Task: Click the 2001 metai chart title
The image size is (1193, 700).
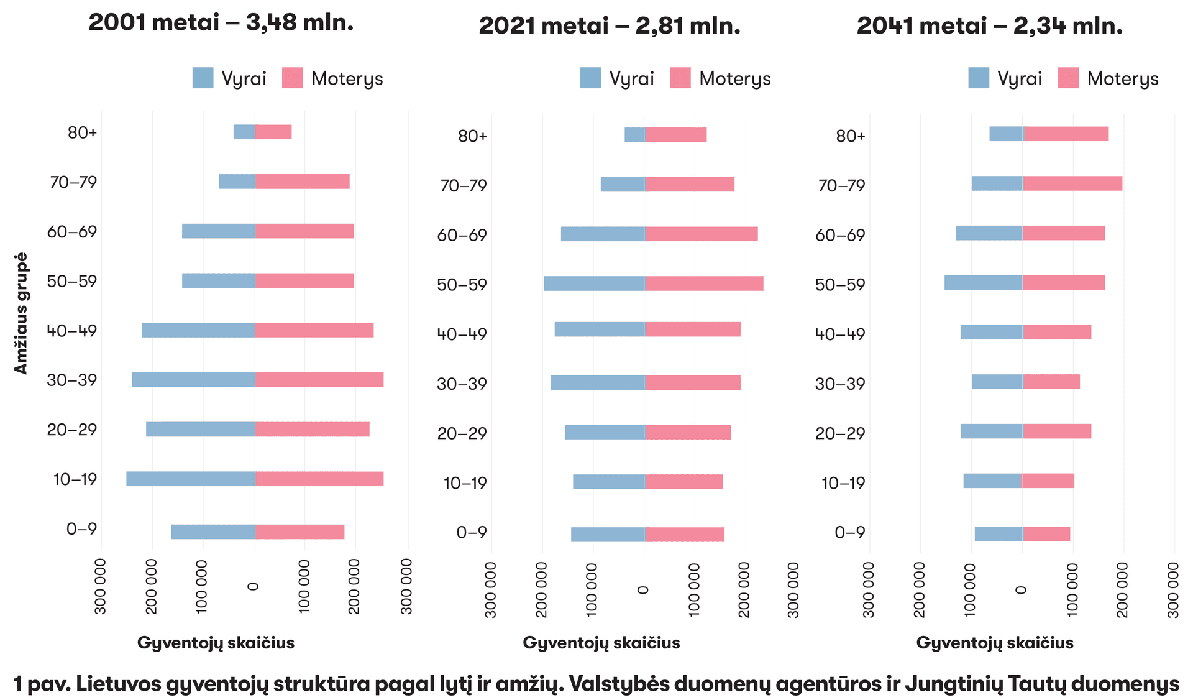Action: coord(221,23)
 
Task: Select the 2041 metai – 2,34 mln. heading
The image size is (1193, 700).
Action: coord(989,26)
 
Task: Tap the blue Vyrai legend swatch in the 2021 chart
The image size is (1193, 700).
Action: coord(590,78)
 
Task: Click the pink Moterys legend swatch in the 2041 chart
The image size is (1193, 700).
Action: coord(1068,78)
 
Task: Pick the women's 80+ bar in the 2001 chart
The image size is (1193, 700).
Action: coord(273,132)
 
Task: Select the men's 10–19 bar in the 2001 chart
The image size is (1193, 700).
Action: coord(190,479)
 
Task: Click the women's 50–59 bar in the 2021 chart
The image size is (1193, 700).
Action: coord(704,283)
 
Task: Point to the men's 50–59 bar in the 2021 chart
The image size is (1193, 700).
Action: coord(594,283)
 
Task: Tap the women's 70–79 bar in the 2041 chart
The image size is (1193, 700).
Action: coord(1072,183)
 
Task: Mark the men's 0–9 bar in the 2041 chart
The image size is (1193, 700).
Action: coord(999,534)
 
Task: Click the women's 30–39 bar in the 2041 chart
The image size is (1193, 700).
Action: coord(1051,382)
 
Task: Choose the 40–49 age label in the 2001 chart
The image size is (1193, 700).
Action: coord(72,331)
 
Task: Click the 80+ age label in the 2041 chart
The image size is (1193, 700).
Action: coord(850,136)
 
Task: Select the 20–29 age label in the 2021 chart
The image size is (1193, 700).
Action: coord(462,433)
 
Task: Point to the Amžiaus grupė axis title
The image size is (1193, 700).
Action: coord(21,313)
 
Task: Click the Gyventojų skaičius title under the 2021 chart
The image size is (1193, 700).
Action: coord(601,643)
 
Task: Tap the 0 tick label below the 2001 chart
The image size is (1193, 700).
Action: coord(253,586)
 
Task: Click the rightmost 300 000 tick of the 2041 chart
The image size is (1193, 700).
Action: coord(1173,589)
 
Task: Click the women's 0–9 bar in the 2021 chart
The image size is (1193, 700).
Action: coord(684,534)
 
